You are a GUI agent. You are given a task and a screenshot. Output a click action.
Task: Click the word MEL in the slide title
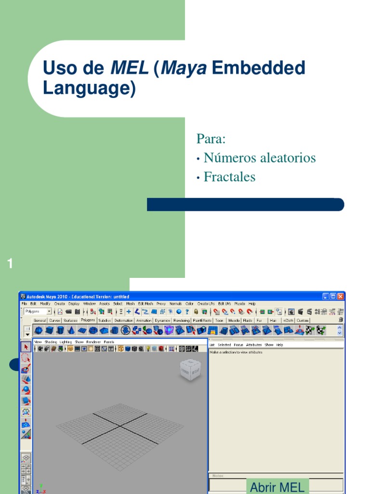[130, 69]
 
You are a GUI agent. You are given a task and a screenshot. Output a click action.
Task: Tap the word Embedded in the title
[258, 69]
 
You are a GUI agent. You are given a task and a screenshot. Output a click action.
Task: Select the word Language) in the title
[89, 89]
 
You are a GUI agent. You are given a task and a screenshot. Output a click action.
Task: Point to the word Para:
[211, 139]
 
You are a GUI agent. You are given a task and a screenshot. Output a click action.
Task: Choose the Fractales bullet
[229, 177]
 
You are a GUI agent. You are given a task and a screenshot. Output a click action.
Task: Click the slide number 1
[10, 263]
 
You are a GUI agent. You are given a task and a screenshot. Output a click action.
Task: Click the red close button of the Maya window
[341, 296]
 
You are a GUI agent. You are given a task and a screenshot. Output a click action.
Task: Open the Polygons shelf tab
[88, 320]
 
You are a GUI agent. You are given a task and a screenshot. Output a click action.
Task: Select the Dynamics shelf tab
[162, 320]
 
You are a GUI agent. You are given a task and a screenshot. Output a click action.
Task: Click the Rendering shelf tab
[182, 320]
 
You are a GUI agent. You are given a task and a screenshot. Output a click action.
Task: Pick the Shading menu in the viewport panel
[51, 342]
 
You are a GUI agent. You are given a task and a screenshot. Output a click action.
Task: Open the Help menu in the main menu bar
[252, 304]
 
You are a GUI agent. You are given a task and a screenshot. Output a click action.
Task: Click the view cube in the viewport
[190, 370]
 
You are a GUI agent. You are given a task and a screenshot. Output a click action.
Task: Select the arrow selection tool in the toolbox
[26, 347]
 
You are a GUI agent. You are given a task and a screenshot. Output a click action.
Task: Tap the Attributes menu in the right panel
[254, 345]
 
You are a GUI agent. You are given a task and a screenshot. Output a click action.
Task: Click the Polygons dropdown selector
[38, 312]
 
